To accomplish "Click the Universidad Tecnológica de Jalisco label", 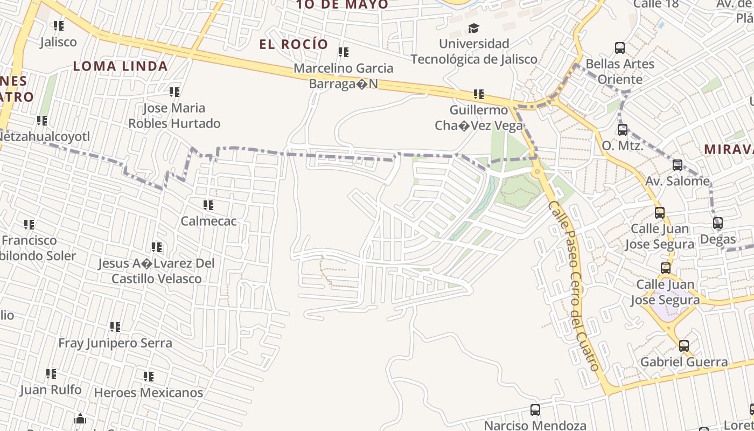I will (x=474, y=51).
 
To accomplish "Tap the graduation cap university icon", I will (x=473, y=28).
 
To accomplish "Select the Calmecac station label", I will (x=208, y=221).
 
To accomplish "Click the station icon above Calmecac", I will (x=208, y=205).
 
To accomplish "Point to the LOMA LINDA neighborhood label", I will (x=120, y=66).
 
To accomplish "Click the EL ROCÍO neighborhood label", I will (x=294, y=44).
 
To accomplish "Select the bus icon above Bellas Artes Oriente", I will (x=620, y=48).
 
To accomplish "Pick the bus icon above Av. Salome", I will (x=678, y=165).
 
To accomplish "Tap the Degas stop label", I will (x=717, y=239).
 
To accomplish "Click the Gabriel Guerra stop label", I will (x=683, y=362).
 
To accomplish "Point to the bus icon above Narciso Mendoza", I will (x=535, y=410).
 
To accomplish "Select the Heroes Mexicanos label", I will (x=149, y=392).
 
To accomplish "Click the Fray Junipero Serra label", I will (x=115, y=343).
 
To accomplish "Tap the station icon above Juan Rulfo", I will (x=51, y=373).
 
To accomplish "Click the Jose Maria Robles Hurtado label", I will (x=174, y=116).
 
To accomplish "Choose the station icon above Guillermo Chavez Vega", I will (x=479, y=95).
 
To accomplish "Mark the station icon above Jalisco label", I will (x=59, y=26).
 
